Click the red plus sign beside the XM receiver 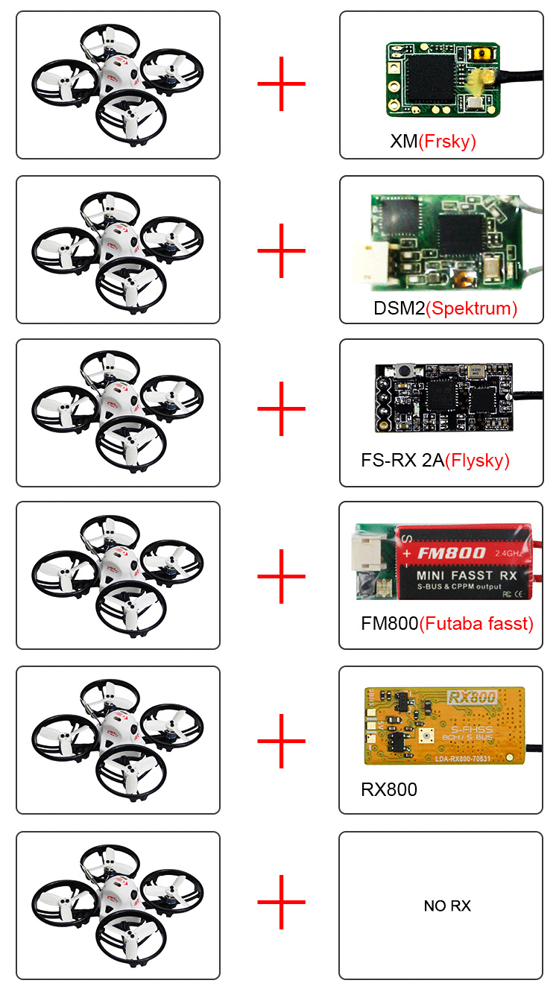click(x=281, y=84)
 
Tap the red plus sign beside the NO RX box click(x=281, y=903)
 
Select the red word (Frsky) click(x=446, y=142)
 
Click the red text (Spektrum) click(x=471, y=308)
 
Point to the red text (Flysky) click(x=477, y=461)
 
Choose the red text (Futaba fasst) click(x=476, y=623)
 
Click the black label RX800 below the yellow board click(x=389, y=789)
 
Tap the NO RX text click(x=447, y=906)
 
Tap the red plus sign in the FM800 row click(x=281, y=576)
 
